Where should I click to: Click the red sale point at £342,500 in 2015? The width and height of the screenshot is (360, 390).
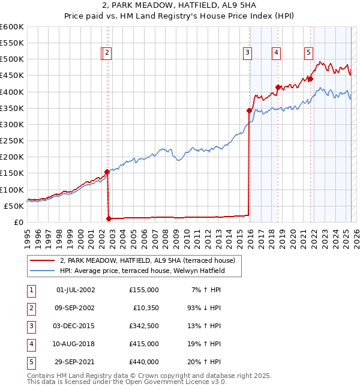(x=249, y=110)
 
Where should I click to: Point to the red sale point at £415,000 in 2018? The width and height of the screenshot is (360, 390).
(x=278, y=87)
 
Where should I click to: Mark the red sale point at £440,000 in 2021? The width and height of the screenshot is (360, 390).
(x=311, y=79)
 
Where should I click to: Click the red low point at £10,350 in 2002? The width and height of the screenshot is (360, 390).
(x=109, y=218)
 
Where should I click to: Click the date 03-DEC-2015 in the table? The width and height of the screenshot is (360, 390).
(x=75, y=326)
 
